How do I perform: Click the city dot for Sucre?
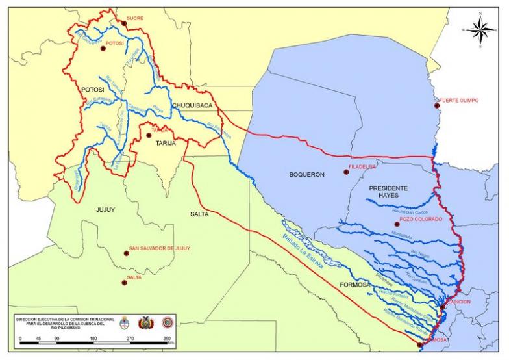[123, 23]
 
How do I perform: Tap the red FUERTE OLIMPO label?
[460, 100]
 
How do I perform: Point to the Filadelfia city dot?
[345, 172]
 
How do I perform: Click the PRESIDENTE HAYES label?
[388, 192]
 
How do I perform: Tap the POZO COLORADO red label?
[421, 220]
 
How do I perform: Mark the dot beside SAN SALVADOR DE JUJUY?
[126, 253]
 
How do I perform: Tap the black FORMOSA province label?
[354, 285]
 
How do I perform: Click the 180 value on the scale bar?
[93, 339]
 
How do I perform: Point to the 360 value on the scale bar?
[167, 339]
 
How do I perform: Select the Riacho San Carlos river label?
[410, 212]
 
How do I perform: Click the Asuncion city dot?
[443, 305]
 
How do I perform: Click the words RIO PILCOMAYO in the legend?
[64, 328]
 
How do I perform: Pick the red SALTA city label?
[134, 277]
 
